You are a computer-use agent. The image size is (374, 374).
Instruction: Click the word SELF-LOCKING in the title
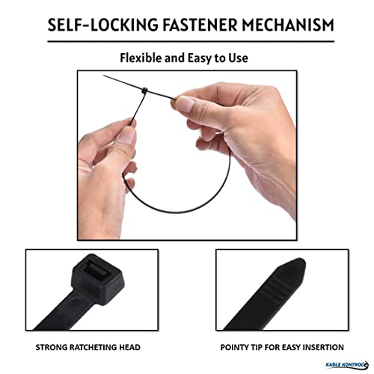pyautogui.click(x=103, y=25)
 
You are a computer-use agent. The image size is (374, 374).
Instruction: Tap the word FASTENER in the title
pyautogui.click(x=200, y=25)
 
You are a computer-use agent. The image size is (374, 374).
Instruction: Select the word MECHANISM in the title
pyautogui.click(x=288, y=25)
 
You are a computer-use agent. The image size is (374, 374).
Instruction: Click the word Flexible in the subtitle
pyautogui.click(x=141, y=58)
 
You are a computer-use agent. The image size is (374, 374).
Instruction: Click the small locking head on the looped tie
pyautogui.click(x=144, y=91)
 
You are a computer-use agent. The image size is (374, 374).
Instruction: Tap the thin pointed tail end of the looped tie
pyautogui.click(x=104, y=76)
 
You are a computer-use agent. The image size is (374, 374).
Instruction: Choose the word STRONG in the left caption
pyautogui.click(x=52, y=347)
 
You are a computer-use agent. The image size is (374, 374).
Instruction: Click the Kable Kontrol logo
pyautogui.click(x=347, y=365)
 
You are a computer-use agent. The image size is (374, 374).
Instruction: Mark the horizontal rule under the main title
pyautogui.click(x=191, y=41)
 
